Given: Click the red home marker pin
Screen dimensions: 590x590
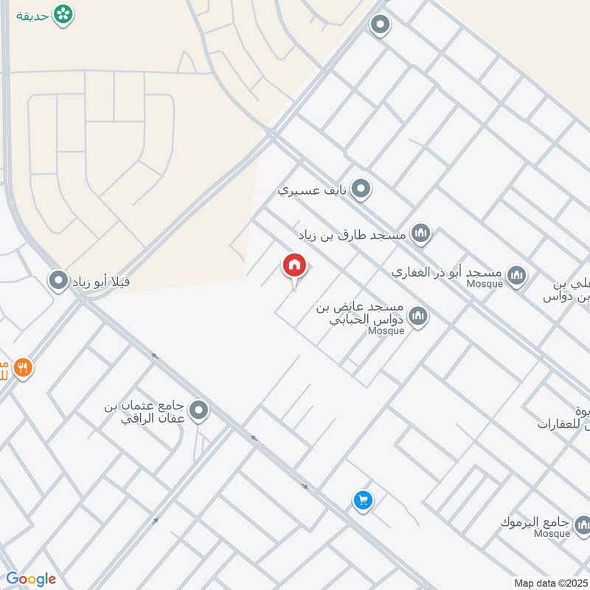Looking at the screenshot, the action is (x=294, y=266).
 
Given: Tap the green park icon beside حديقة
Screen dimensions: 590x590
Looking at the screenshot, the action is (x=64, y=14).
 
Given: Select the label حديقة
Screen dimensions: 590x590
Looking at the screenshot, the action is (x=34, y=15).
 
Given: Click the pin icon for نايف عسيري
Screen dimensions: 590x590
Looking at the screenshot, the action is (x=361, y=190).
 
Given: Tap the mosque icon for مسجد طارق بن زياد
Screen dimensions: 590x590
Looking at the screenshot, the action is (x=420, y=235).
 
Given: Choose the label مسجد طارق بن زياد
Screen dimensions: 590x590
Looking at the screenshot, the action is (x=353, y=236).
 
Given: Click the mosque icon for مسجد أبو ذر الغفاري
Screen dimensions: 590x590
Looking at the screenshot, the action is (x=517, y=275).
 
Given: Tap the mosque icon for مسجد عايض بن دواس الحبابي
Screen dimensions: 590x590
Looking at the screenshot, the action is (x=419, y=317).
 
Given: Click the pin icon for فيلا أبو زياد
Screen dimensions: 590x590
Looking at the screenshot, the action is (x=58, y=280).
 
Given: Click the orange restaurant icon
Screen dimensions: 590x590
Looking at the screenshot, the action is (x=24, y=367).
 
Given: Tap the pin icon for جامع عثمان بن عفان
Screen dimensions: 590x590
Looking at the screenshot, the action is (x=198, y=411).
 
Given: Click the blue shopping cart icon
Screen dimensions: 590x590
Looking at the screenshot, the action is (x=362, y=501).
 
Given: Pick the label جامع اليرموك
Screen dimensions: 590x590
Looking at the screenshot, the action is (x=535, y=523).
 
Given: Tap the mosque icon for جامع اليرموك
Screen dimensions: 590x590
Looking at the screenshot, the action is (x=581, y=525).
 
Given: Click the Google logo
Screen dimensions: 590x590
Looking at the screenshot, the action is (x=31, y=579).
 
